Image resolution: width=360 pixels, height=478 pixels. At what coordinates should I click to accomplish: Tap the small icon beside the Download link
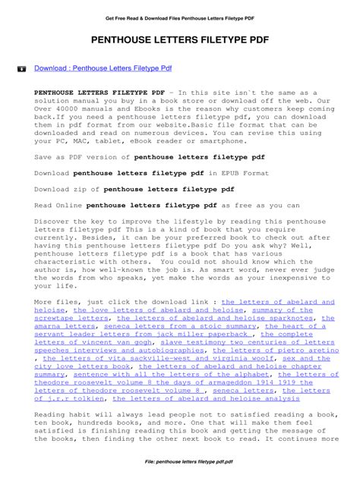point(21,68)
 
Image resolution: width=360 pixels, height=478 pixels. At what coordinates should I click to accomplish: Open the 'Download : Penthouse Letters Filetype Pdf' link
point(103,68)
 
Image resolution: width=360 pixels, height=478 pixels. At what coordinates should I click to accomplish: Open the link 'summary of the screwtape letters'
point(289,310)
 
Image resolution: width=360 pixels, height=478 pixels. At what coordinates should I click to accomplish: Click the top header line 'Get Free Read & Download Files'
point(179,14)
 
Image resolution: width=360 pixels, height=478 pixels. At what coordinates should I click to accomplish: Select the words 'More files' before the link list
point(53,302)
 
